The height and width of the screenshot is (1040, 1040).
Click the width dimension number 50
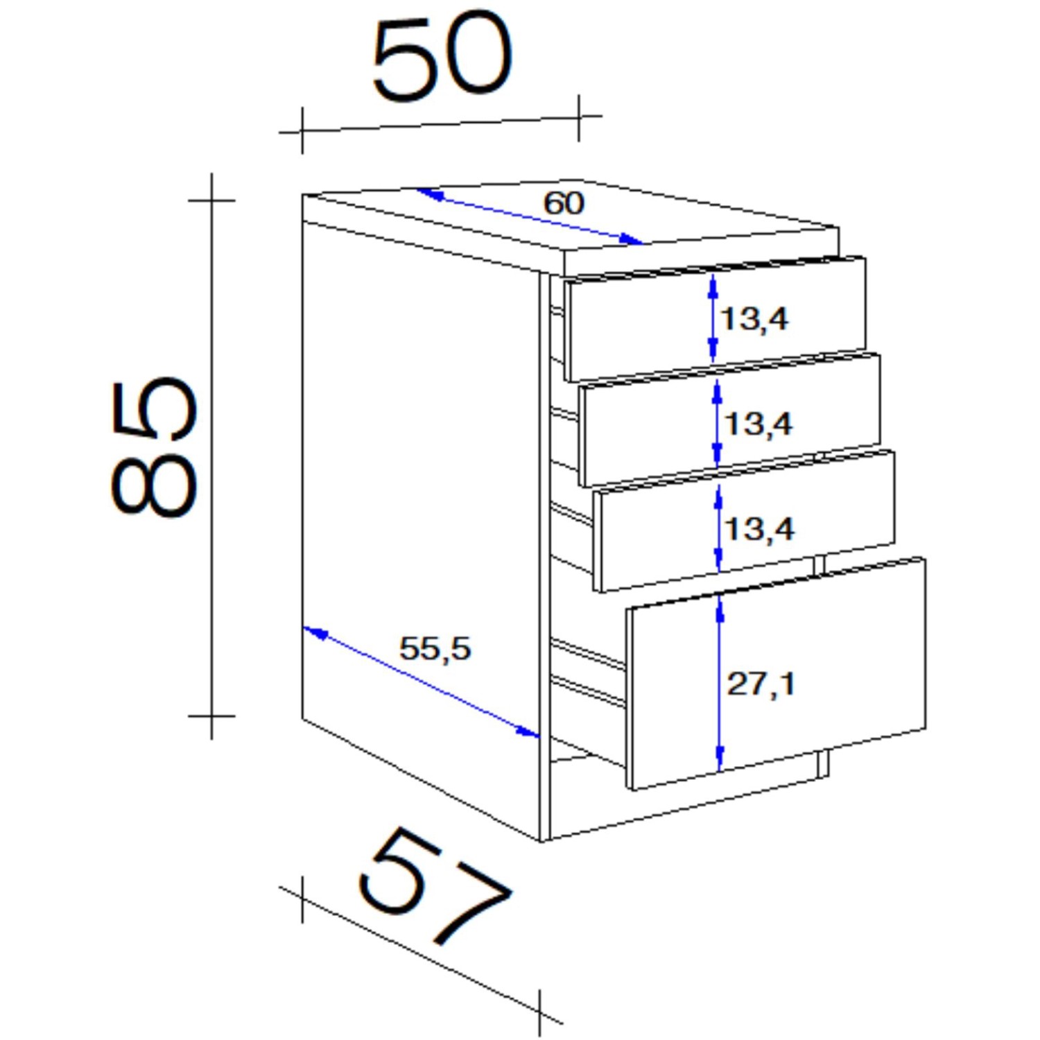click(442, 56)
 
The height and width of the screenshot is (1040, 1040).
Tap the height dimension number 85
click(154, 447)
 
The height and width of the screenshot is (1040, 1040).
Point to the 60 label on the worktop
click(564, 203)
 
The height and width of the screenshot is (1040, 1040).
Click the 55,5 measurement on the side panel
click(435, 649)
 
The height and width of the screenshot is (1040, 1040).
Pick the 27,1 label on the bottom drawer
click(761, 684)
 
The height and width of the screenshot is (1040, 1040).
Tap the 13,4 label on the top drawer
click(754, 319)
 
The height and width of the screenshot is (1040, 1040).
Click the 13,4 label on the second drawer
click(758, 424)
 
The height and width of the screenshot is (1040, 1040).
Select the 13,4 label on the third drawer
click(759, 530)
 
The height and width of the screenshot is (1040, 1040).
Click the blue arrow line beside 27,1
click(720, 682)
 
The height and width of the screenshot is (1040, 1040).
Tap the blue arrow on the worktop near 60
click(530, 216)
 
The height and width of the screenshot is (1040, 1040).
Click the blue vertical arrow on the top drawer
click(712, 318)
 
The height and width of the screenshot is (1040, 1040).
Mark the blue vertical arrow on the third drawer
click(718, 528)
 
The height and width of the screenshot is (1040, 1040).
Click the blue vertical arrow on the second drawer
click(717, 423)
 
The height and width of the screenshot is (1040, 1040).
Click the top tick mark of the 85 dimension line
click(211, 200)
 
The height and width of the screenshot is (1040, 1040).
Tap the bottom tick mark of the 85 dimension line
click(211, 716)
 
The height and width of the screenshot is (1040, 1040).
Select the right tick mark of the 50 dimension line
click(579, 117)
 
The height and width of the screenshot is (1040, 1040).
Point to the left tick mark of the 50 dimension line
click(302, 130)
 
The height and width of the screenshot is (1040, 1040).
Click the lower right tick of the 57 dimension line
click(539, 1012)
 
